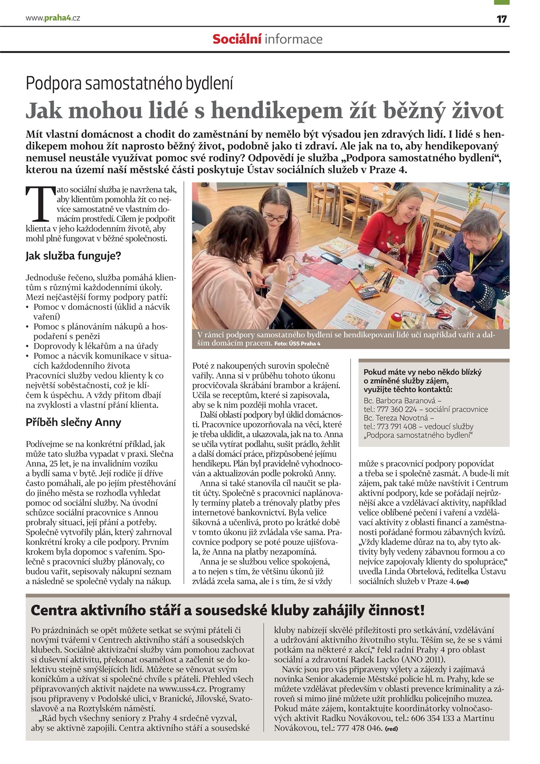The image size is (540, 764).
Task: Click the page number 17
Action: pyautogui.click(x=501, y=19)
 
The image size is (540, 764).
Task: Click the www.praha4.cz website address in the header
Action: pyautogui.click(x=53, y=18)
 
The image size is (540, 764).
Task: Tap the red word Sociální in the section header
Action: pyautogui.click(x=237, y=39)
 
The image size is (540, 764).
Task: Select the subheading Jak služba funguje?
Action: pyautogui.click(x=74, y=256)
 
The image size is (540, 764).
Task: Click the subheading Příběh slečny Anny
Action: pyautogui.click(x=74, y=422)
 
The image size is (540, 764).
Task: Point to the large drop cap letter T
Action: pyautogui.click(x=39, y=204)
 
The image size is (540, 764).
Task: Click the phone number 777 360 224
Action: pyautogui.click(x=397, y=409)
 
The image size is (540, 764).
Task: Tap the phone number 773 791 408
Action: pyautogui.click(x=397, y=426)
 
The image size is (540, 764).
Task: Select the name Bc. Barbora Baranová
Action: pyautogui.click(x=400, y=401)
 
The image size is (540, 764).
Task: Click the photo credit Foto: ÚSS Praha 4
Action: pyautogui.click(x=297, y=344)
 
